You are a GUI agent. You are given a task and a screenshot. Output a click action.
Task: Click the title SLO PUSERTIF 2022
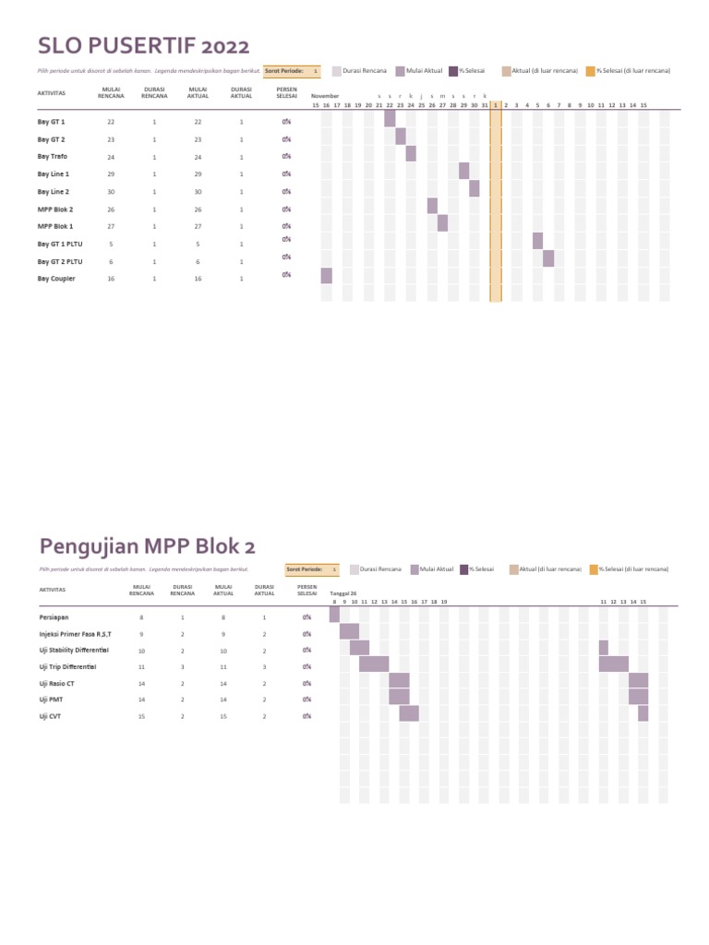(143, 45)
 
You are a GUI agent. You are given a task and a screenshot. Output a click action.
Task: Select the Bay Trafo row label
(52, 157)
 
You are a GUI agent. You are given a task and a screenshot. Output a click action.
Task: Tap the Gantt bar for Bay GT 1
(390, 119)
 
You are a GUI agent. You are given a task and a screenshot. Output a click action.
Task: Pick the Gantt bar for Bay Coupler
(326, 276)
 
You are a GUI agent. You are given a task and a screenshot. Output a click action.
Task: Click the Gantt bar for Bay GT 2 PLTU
(548, 258)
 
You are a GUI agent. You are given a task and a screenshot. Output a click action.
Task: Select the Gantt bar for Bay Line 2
(475, 189)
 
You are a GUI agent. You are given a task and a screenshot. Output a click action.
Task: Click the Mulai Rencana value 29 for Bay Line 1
(111, 174)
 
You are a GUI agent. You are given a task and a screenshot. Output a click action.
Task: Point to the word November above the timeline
(326, 96)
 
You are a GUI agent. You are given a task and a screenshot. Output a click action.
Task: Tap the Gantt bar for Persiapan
(334, 615)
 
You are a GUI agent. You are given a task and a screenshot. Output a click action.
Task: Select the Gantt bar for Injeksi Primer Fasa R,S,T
(349, 631)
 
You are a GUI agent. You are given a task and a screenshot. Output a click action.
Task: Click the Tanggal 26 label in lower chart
(343, 593)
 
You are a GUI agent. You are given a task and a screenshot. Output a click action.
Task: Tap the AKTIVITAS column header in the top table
(51, 93)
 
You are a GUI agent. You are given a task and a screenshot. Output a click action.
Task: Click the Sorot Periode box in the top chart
(292, 71)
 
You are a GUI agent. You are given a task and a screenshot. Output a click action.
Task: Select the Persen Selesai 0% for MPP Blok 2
(287, 209)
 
